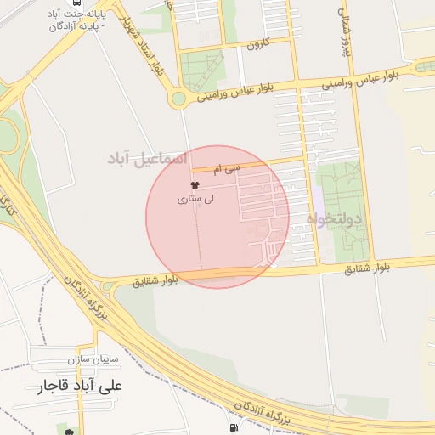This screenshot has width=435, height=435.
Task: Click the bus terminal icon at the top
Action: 77,3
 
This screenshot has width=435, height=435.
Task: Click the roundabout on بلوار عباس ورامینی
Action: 178,99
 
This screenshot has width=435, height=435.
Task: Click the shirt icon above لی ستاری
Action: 195,186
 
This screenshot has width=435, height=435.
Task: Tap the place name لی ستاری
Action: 196,201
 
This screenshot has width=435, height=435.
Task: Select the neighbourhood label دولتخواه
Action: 334,219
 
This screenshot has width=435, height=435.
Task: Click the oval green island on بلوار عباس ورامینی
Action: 425,66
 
